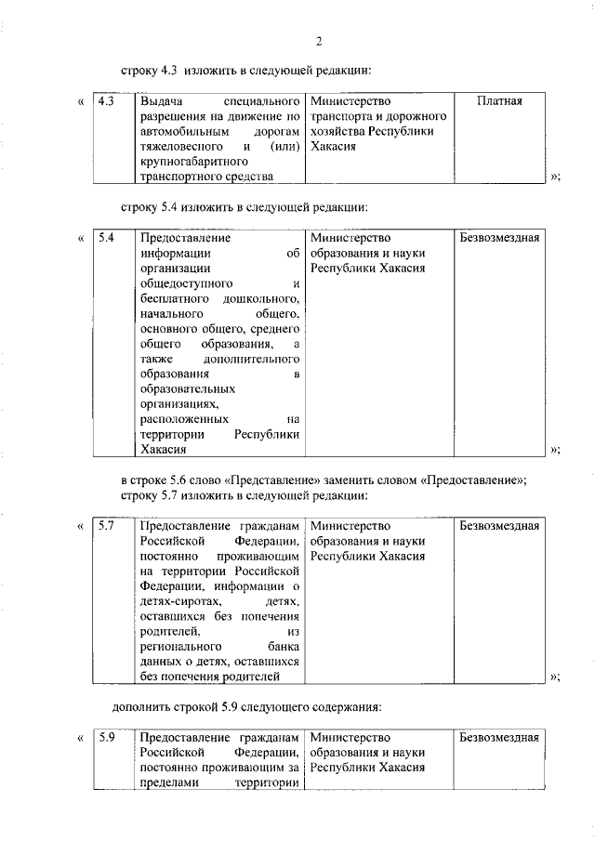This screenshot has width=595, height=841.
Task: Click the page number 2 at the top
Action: tap(318, 40)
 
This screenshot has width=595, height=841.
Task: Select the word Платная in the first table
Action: tap(498, 101)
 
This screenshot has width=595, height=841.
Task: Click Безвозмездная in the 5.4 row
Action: tap(499, 238)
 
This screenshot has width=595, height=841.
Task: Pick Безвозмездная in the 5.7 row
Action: tap(499, 526)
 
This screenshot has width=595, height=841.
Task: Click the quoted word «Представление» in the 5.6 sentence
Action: tap(271, 480)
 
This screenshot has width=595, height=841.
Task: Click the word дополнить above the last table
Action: tap(146, 707)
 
